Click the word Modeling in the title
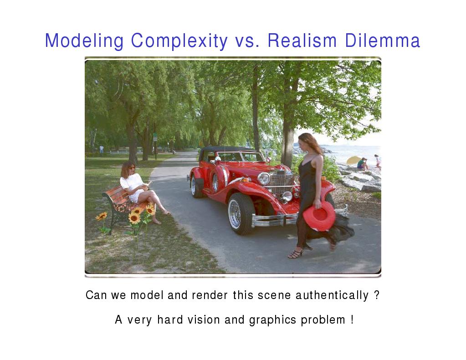click(x=84, y=41)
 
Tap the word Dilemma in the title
click(x=383, y=41)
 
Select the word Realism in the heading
click(x=302, y=41)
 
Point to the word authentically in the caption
click(x=332, y=295)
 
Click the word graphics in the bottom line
click(x=272, y=320)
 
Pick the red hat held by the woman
click(x=319, y=216)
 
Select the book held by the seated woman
click(x=148, y=185)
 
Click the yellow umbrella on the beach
click(x=354, y=160)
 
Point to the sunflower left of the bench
click(x=101, y=217)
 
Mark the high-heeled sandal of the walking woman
click(x=296, y=254)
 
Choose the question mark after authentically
click(x=377, y=295)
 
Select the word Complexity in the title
click(x=179, y=41)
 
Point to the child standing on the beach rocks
click(x=378, y=162)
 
